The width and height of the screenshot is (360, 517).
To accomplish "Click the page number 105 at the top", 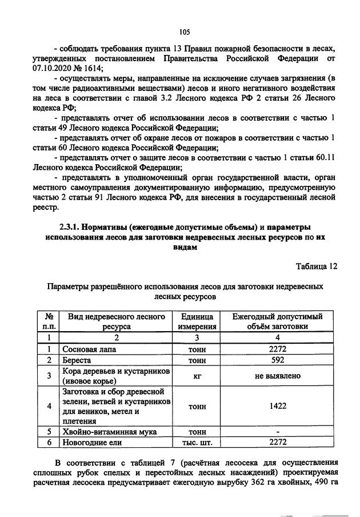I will (183, 32).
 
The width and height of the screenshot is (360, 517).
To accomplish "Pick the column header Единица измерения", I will (197, 321).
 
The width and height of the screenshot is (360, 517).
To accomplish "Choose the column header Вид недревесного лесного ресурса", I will (117, 321).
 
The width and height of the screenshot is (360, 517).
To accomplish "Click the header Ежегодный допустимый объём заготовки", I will (278, 321).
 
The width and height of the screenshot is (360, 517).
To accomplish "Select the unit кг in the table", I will (197, 376).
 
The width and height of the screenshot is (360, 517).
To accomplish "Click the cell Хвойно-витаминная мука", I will (110, 431).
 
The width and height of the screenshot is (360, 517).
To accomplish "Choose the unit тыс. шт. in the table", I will (197, 442).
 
